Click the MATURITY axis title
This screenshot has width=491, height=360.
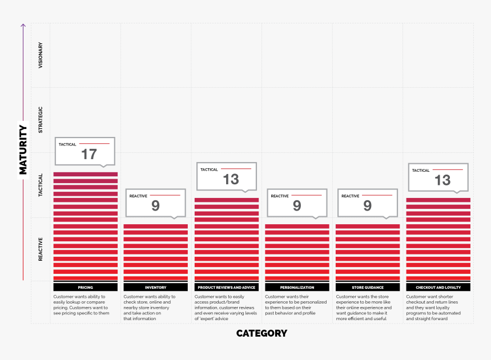click(23, 149)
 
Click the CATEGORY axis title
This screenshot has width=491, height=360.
click(261, 333)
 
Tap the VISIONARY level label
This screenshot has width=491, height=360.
click(40, 55)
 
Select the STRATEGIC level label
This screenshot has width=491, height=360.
click(40, 120)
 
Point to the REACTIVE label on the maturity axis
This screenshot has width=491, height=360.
click(40, 249)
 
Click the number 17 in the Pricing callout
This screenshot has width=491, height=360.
click(88, 154)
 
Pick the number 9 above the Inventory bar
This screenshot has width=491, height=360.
click(155, 205)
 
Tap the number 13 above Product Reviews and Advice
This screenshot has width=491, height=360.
click(231, 179)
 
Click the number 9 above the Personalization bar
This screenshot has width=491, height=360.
click(297, 205)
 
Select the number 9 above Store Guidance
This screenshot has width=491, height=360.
click(368, 205)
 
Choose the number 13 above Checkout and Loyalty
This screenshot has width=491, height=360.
click(442, 180)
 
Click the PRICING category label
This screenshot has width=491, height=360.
click(85, 288)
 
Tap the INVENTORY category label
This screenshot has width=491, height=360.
click(156, 288)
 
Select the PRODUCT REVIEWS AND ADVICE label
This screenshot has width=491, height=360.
click(226, 288)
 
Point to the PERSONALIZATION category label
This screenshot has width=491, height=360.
click(297, 288)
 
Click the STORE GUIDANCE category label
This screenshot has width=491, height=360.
click(368, 288)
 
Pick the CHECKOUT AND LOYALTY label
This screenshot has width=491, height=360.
click(438, 288)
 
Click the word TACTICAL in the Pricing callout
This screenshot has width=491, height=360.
click(67, 144)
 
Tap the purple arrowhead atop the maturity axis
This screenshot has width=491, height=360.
click(23, 26)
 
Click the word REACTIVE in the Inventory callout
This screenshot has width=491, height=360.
click(138, 196)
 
